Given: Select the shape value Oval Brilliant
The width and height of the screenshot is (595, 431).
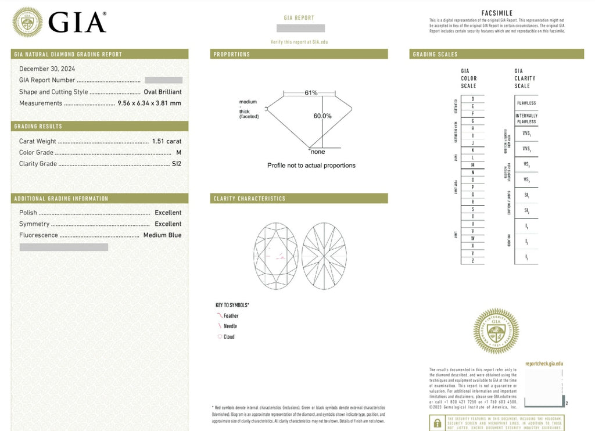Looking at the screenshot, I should (x=162, y=92).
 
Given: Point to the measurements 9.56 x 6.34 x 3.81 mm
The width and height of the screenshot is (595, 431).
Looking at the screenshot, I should (x=149, y=103).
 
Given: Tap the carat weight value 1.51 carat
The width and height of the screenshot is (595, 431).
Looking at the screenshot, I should (x=167, y=141).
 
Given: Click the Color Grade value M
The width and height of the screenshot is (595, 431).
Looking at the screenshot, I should (x=179, y=153).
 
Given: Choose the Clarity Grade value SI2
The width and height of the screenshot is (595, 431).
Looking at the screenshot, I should (x=176, y=164).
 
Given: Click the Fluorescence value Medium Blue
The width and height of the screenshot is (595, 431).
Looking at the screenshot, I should (x=162, y=235).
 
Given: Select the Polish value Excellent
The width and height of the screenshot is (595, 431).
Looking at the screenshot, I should (x=168, y=213).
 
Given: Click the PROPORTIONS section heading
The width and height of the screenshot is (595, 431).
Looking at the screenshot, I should (x=232, y=55).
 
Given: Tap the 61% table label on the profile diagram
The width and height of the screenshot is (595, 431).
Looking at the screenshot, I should (x=310, y=93).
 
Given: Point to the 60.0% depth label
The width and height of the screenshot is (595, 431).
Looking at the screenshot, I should (x=322, y=116).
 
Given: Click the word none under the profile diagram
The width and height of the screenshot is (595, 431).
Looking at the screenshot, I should (x=318, y=152).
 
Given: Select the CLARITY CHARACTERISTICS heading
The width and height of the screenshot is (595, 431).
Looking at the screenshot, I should (x=249, y=199).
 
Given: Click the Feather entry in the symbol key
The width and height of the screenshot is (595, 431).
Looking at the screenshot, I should (x=231, y=316).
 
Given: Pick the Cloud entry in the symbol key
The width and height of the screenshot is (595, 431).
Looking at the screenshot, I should (x=229, y=337).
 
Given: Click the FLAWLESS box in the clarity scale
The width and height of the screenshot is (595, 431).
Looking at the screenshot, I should (x=526, y=103).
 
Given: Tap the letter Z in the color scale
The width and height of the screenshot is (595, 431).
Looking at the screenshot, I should (x=473, y=261).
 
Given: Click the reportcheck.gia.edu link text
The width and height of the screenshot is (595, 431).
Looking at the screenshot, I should (x=544, y=364).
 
